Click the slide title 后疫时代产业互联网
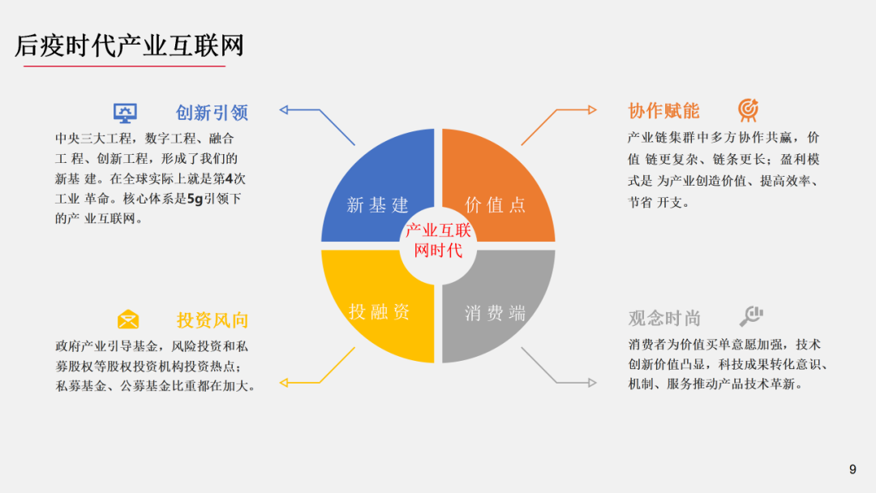point(130,46)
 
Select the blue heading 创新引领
point(212,113)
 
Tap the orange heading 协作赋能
point(663,111)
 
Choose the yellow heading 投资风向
point(213,320)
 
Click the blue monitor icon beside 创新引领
point(125,112)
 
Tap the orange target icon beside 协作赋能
point(748,110)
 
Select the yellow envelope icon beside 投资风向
point(128,319)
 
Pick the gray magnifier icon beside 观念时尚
point(752,316)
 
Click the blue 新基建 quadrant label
point(377,205)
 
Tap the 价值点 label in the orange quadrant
point(496,205)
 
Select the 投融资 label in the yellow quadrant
point(379,312)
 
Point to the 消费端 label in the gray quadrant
point(496,313)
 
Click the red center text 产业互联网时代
point(438,241)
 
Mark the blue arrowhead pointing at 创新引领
point(286,109)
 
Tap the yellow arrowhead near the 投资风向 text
point(286,382)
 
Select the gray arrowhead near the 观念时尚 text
point(590,382)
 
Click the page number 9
point(852,469)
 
